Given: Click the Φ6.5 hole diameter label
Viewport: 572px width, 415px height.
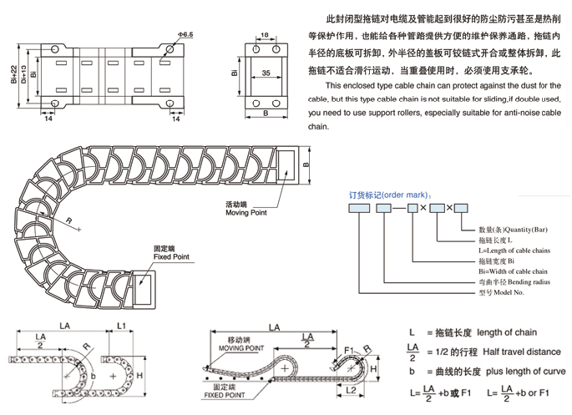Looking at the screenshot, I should pyautogui.click(x=185, y=33).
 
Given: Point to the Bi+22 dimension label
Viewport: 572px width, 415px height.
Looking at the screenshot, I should pyautogui.click(x=13, y=76).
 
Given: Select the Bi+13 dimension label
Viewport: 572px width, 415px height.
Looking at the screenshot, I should pyautogui.click(x=23, y=76).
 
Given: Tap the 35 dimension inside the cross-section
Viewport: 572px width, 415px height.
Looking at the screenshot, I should pyautogui.click(x=266, y=73).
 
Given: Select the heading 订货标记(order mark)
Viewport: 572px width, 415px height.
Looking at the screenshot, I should pyautogui.click(x=387, y=193).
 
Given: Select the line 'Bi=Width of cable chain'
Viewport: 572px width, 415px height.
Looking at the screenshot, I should pyautogui.click(x=513, y=271).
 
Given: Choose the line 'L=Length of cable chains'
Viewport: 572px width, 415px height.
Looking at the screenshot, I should pyautogui.click(x=514, y=250).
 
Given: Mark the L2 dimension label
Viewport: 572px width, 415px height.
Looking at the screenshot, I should pyautogui.click(x=351, y=390).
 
